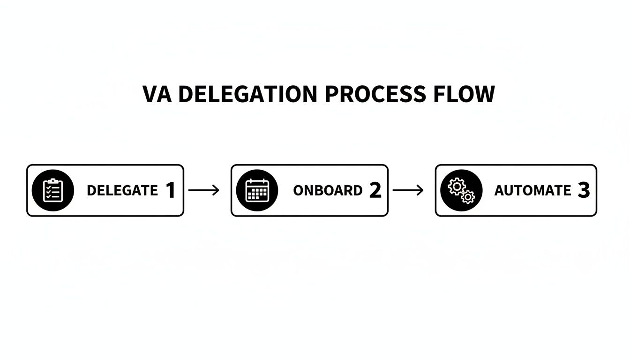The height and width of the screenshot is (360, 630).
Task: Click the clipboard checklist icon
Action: [x=52, y=190]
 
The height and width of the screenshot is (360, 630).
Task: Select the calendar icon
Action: [x=257, y=190]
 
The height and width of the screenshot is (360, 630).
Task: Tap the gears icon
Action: [x=461, y=190]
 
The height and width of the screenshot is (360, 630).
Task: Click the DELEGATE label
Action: [x=122, y=191]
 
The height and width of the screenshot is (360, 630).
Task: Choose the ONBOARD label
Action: [x=328, y=191]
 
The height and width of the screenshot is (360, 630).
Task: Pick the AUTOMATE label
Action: [x=532, y=191]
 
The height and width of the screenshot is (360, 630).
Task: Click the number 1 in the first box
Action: [x=170, y=190]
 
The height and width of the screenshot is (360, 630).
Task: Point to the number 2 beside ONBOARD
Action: [x=375, y=190]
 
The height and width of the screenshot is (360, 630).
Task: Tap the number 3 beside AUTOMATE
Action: [x=584, y=190]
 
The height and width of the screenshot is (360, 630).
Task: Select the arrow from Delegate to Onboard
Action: [x=203, y=190]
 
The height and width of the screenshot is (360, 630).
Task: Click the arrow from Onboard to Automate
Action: [x=408, y=190]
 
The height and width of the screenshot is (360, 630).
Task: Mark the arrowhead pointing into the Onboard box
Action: [x=216, y=190]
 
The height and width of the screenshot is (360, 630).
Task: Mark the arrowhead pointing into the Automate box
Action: [x=420, y=190]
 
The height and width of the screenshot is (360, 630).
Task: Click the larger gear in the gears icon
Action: [x=456, y=187]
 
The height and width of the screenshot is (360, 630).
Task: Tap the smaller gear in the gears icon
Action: [x=468, y=197]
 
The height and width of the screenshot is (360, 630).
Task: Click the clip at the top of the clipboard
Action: [x=52, y=180]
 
